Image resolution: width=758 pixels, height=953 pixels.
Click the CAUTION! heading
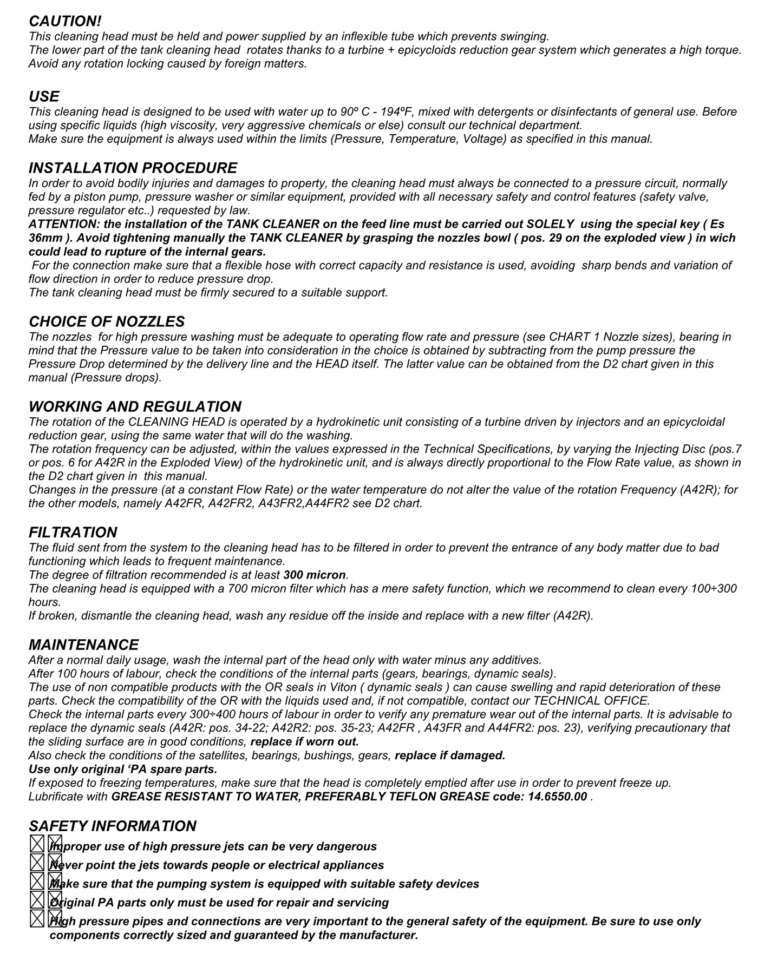click(x=65, y=21)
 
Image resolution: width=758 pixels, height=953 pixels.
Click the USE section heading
click(x=44, y=96)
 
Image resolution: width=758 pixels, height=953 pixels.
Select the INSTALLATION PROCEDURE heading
click(x=133, y=168)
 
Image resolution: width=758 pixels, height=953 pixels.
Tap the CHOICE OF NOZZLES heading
click(x=107, y=321)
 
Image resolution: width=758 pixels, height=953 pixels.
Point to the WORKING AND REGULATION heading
click(x=135, y=406)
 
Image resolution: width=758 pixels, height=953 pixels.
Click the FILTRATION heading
click(x=73, y=532)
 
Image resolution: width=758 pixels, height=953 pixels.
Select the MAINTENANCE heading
click(x=83, y=645)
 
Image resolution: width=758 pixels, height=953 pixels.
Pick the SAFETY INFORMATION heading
click(x=112, y=826)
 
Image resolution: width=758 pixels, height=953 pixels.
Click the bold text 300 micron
click(x=315, y=575)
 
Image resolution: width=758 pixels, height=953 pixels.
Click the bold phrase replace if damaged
click(x=450, y=755)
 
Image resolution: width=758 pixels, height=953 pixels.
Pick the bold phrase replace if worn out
click(x=305, y=742)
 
